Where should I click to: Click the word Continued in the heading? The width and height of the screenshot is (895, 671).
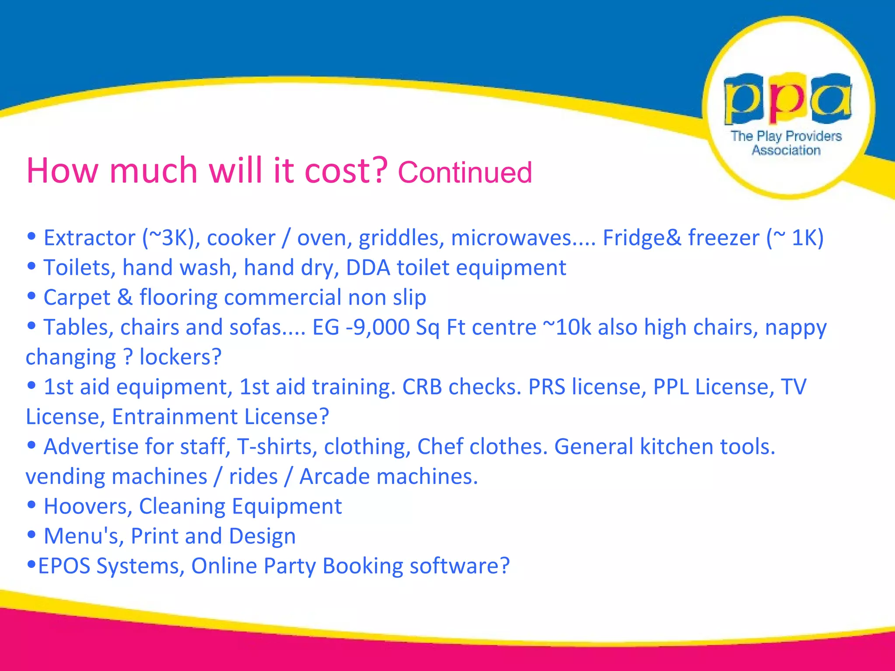[x=465, y=172]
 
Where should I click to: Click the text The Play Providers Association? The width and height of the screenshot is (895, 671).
[x=786, y=143]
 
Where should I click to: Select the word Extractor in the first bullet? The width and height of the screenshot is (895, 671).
[x=90, y=238]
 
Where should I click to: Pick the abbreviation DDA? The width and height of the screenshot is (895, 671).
[x=368, y=268]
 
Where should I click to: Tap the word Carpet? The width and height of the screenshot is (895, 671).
[x=77, y=298]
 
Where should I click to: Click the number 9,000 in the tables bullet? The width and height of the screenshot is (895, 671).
[x=381, y=328]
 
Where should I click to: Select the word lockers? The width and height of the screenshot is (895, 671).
[x=180, y=357]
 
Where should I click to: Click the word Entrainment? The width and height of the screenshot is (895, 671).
[x=175, y=417]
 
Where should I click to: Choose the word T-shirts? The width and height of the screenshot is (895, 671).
[x=277, y=447]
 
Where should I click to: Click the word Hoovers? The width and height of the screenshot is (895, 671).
[x=88, y=507]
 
